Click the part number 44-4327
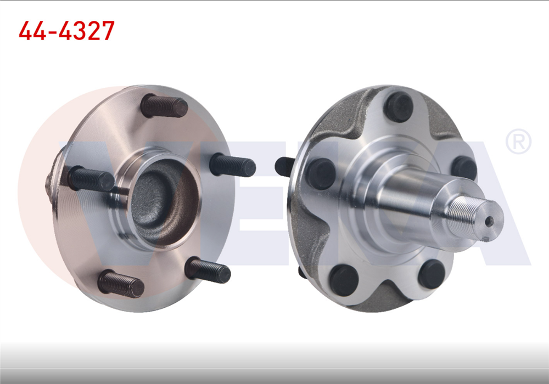66,31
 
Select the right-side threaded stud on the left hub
233,165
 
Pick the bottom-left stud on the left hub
121,284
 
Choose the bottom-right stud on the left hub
208,270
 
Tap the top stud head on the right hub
398,107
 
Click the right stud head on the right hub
464,168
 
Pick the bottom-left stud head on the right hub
344,280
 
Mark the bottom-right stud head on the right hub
431,274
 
